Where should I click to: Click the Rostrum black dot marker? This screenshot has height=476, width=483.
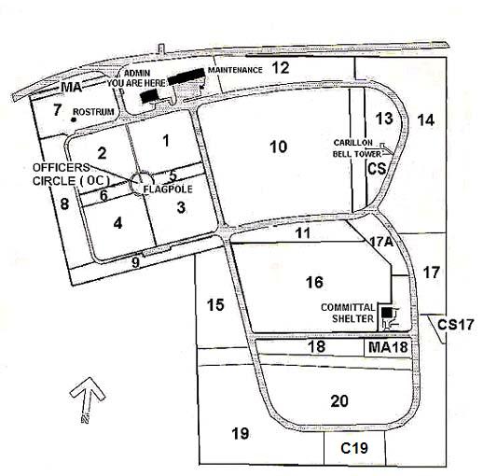[x=74, y=119]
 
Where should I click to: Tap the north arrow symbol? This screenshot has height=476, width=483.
[x=88, y=399]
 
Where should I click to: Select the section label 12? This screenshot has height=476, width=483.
[x=281, y=67]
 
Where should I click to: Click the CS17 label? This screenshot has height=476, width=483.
[x=455, y=325]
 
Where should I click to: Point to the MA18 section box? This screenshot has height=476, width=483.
[x=388, y=347]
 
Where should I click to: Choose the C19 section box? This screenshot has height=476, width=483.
[x=354, y=448]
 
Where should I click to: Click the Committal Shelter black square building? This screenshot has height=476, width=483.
[x=386, y=312]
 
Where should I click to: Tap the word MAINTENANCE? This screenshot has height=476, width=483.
[x=235, y=70]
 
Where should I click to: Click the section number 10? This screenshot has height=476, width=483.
[x=279, y=147]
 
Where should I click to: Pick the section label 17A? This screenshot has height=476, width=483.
[x=381, y=242]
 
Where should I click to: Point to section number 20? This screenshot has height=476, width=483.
[x=339, y=401]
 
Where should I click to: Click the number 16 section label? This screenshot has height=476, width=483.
[x=314, y=283]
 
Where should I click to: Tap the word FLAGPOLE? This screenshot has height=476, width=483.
[x=168, y=189]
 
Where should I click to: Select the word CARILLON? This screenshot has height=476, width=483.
[x=353, y=143]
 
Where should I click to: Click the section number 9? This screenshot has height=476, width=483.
[x=135, y=262]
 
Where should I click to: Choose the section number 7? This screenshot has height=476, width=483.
[x=57, y=110]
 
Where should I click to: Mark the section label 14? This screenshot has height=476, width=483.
[x=425, y=120]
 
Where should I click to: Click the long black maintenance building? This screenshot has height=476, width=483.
[x=186, y=77]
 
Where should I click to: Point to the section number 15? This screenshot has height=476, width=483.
[x=215, y=305]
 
